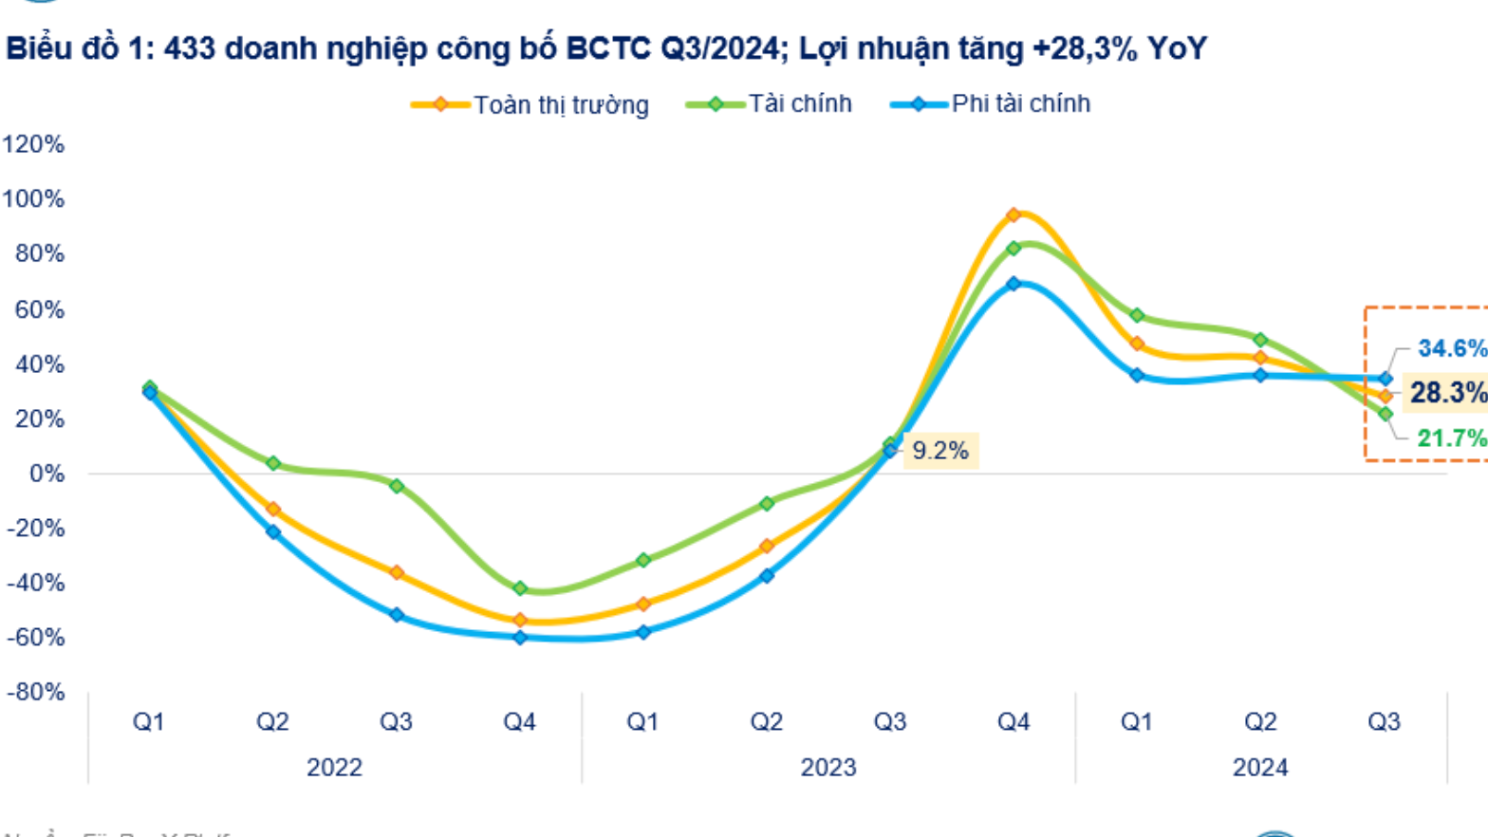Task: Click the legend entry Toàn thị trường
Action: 560,104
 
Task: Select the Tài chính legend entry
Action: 799,103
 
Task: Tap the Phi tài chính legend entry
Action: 1020,103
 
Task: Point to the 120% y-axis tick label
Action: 33,144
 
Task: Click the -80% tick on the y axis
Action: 35,692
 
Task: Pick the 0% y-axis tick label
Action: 46,474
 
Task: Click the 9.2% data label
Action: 939,450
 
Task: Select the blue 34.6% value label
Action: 1451,348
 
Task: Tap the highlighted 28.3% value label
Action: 1447,392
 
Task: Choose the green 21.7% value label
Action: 1451,437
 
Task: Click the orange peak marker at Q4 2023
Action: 1014,215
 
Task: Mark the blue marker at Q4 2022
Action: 520,638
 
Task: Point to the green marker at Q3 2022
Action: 397,486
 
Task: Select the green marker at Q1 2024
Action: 1137,315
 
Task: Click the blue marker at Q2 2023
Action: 767,575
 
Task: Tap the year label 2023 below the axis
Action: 828,767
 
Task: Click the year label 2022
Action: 334,767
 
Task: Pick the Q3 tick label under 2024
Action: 1384,722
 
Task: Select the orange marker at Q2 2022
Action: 273,510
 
